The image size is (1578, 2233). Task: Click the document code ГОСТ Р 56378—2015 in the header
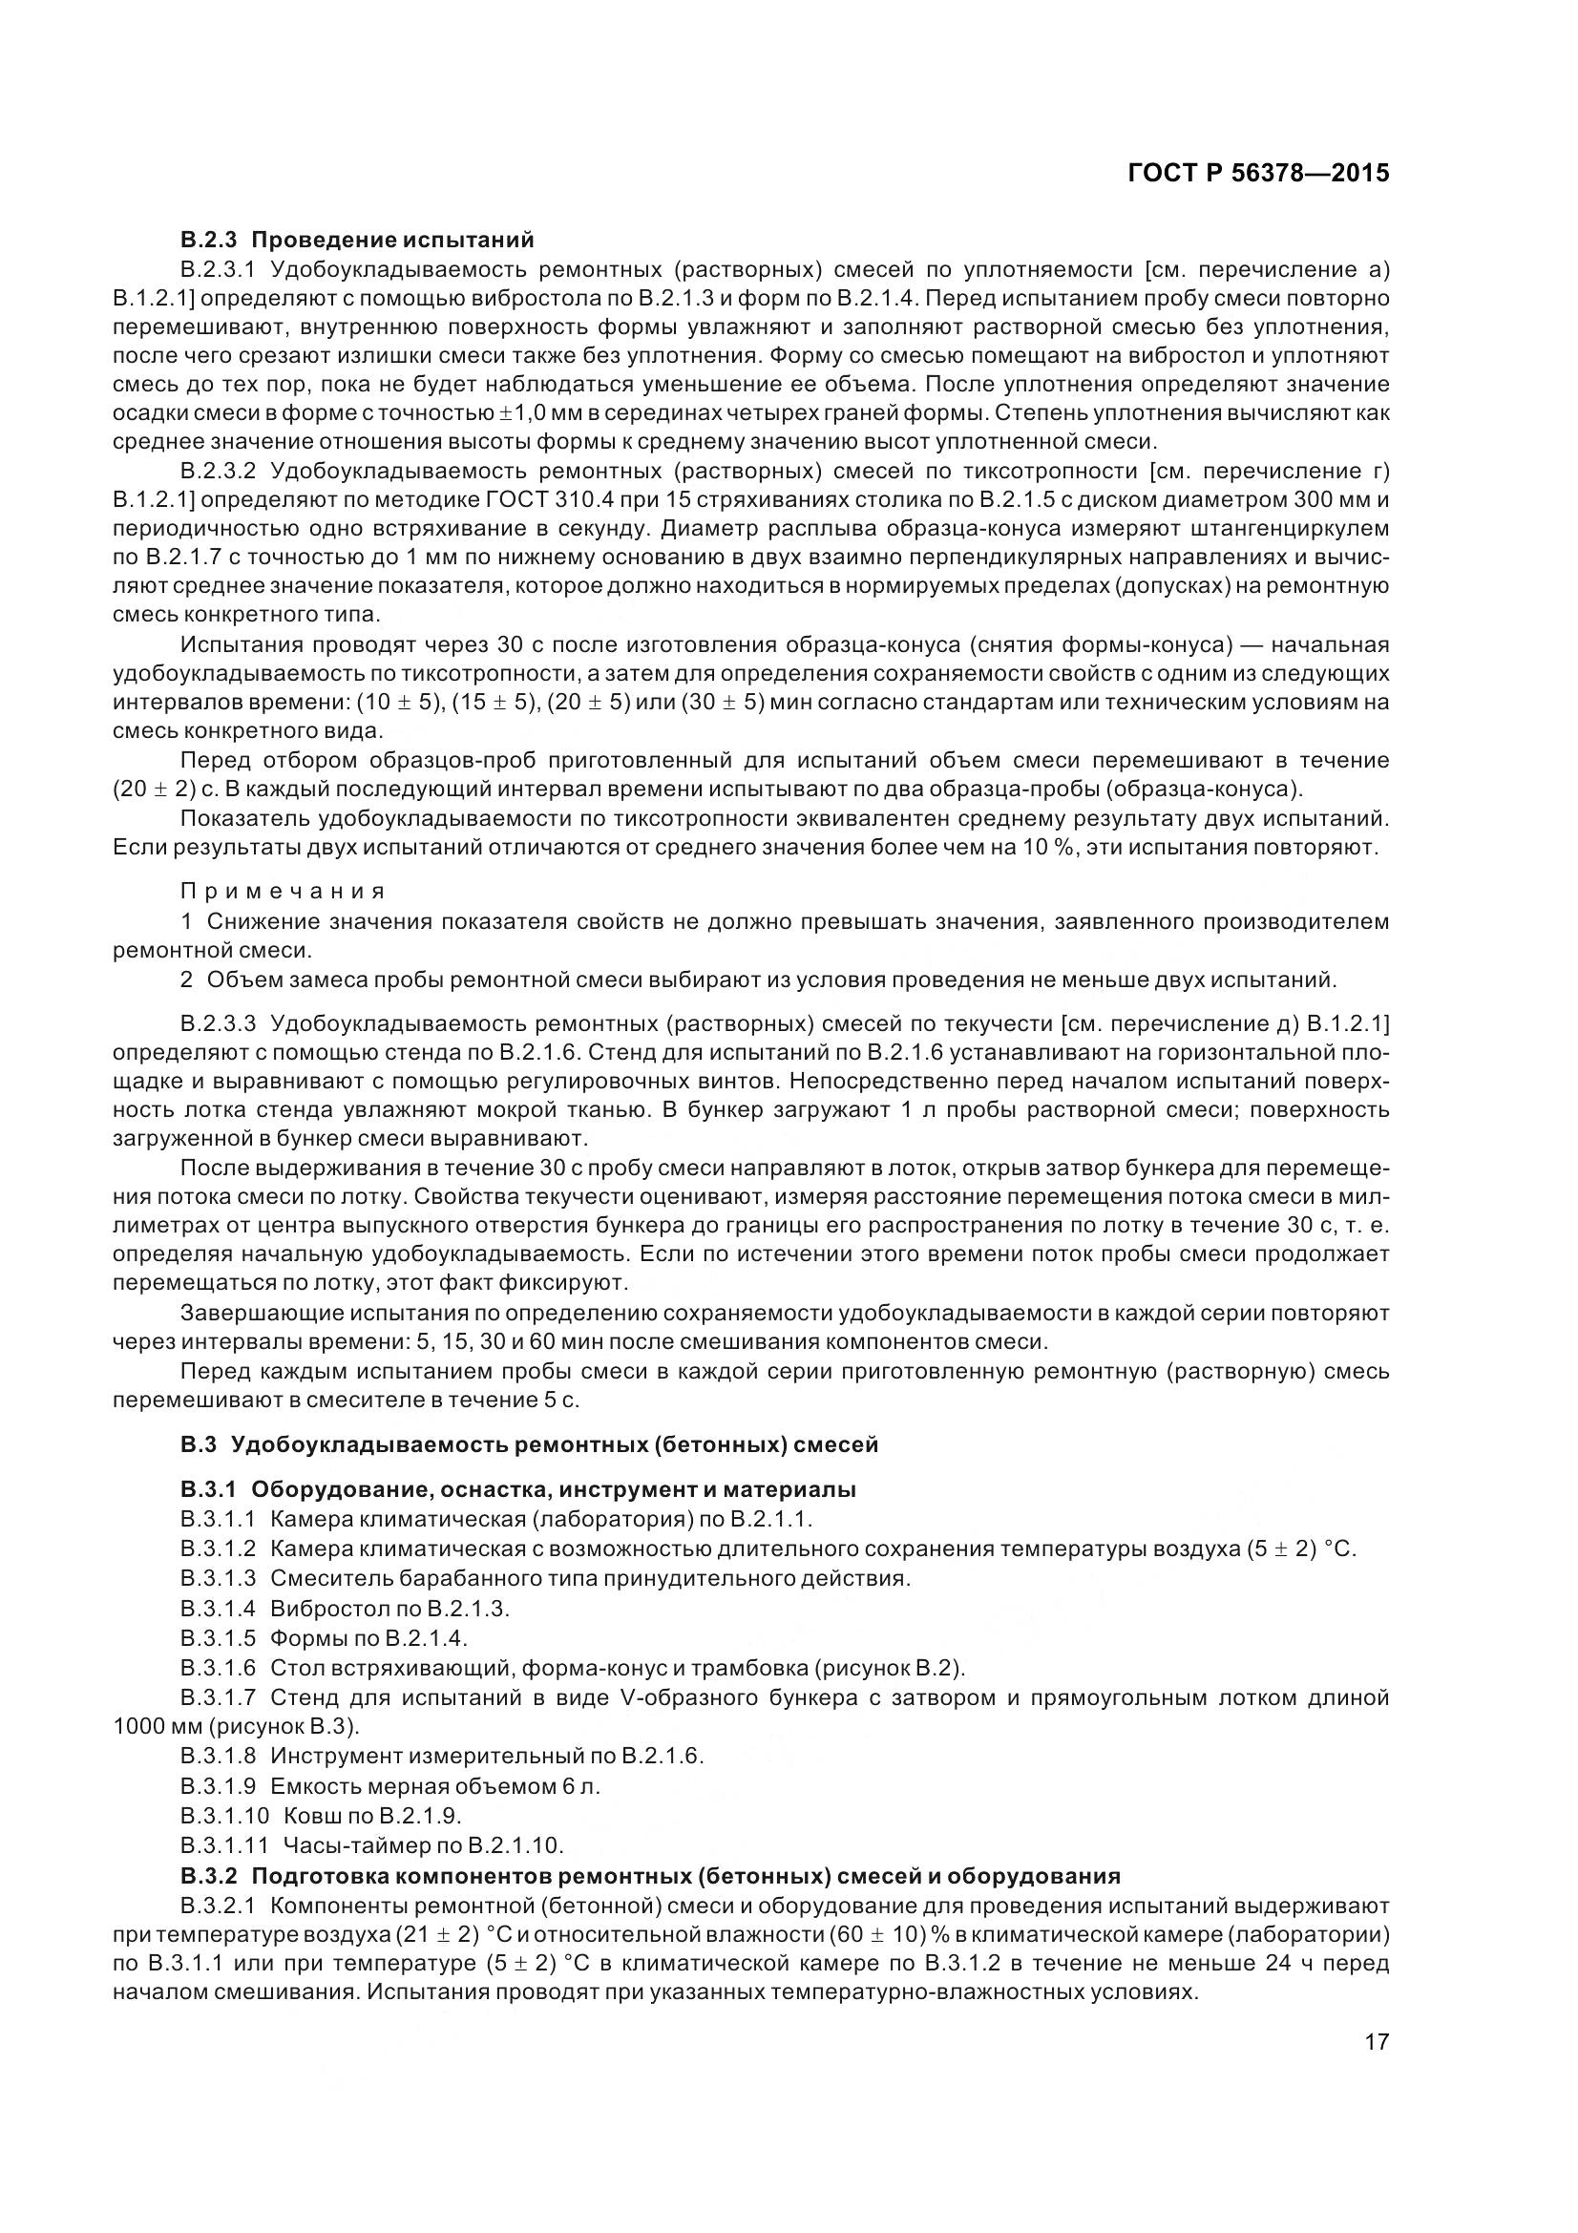coord(1258,173)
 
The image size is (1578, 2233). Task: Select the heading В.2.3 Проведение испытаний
coord(357,240)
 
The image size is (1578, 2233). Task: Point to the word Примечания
coord(283,891)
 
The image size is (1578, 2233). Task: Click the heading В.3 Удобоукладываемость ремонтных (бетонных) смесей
coord(529,1444)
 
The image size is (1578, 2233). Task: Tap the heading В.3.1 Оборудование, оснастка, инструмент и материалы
coord(517,1489)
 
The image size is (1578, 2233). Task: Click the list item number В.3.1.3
coord(218,1577)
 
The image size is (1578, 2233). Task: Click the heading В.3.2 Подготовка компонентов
coord(650,1875)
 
